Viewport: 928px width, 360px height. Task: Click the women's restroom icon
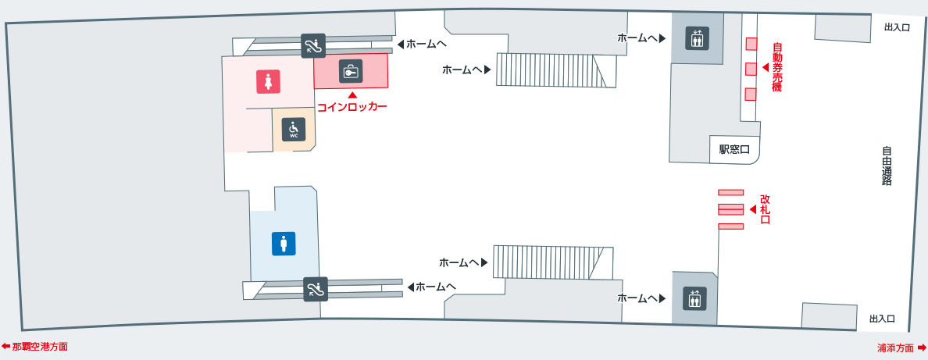(x=268, y=82)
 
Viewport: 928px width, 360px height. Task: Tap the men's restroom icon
(x=284, y=244)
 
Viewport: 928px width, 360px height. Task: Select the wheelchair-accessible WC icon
(x=294, y=129)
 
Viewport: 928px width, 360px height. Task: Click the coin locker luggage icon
(x=351, y=71)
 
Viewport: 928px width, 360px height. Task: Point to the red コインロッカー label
(x=352, y=107)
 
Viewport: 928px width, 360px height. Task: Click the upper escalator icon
(x=313, y=45)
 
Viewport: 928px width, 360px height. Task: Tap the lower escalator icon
(x=316, y=289)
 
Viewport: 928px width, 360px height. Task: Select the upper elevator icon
(x=696, y=38)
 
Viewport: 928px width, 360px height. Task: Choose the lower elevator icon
(x=694, y=298)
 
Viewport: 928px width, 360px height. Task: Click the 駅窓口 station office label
(x=733, y=150)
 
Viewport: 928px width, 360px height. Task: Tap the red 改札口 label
(x=765, y=209)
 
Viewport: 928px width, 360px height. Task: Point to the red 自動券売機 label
(x=777, y=67)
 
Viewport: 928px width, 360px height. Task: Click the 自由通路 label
(x=887, y=166)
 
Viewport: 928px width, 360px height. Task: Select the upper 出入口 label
(x=896, y=27)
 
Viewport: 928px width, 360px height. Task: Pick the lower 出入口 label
(x=882, y=319)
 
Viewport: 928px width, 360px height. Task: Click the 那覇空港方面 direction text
(x=35, y=347)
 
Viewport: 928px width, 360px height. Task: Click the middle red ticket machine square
(x=751, y=69)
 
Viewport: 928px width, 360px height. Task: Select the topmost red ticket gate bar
(x=730, y=192)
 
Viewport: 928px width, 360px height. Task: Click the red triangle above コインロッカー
(x=353, y=94)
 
